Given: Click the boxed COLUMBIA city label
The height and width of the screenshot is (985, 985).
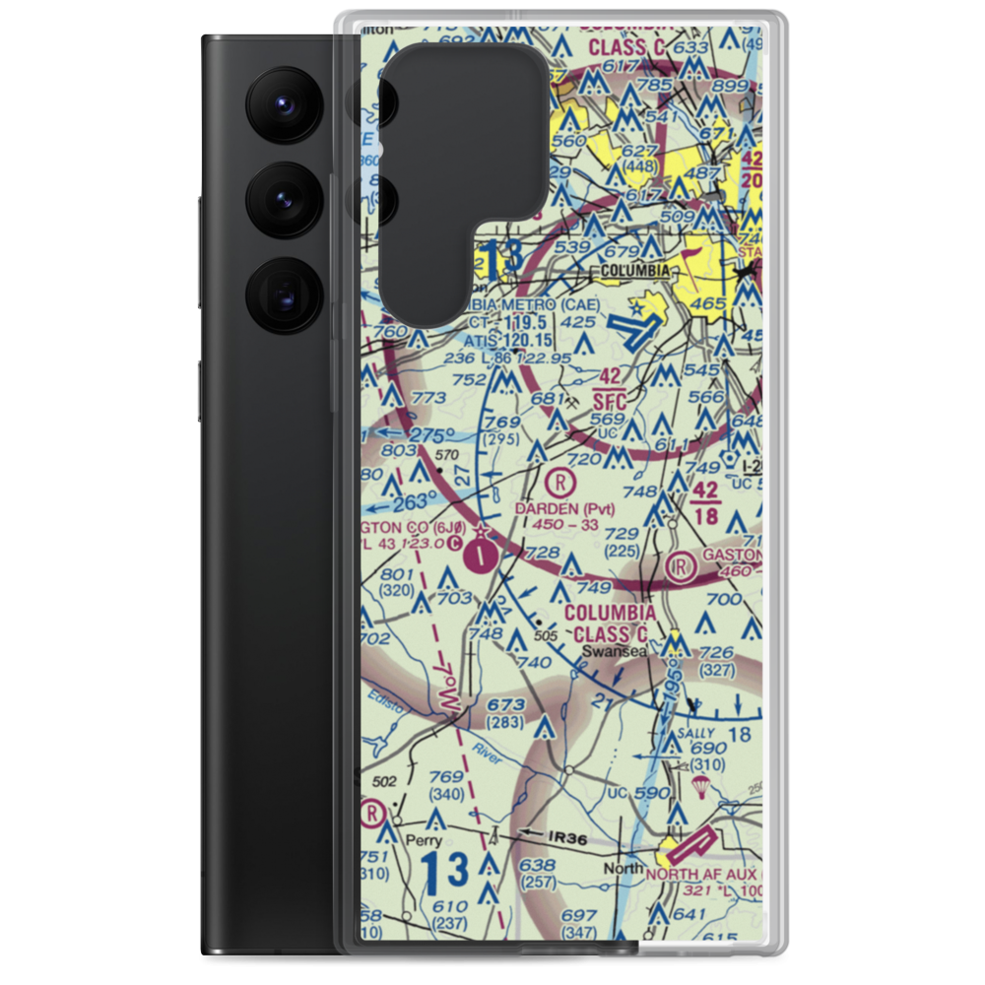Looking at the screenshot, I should coord(630,271).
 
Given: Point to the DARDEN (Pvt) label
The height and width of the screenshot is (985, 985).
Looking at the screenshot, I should coord(564,509).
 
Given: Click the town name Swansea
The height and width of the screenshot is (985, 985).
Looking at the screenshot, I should coord(607,651).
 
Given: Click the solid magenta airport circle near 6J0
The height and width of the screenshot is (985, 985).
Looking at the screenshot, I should coord(479,558).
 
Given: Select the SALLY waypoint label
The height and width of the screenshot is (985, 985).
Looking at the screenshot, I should coord(676,734).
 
